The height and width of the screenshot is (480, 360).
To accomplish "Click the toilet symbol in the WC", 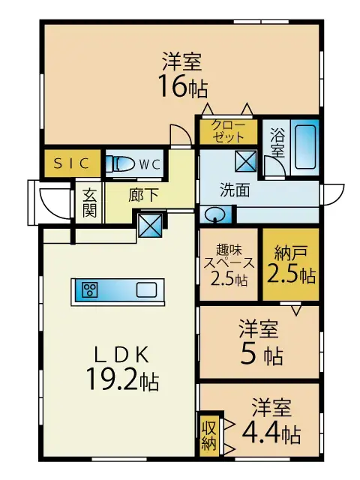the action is (x=120, y=164).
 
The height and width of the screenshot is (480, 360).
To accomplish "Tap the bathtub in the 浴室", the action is (x=305, y=147).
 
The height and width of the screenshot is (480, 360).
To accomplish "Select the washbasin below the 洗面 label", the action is (x=214, y=214).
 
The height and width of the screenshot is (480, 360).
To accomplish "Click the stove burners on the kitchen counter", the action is (x=90, y=289).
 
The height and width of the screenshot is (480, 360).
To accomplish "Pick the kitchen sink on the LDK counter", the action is (x=146, y=290).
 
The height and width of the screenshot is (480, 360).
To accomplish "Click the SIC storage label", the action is (x=72, y=163).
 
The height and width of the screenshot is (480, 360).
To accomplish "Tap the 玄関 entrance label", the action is (x=89, y=202).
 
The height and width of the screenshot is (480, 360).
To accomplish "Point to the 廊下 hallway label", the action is (x=143, y=195).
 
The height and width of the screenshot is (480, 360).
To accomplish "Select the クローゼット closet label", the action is (x=228, y=131).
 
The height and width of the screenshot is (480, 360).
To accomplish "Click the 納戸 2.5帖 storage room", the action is (x=290, y=264).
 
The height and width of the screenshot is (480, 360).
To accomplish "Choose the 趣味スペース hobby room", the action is (x=229, y=264).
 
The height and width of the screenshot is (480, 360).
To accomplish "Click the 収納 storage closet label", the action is (x=208, y=436).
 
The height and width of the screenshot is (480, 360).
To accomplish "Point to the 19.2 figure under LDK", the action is (x=112, y=379).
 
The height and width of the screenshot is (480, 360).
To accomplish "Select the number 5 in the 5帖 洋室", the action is (x=247, y=353).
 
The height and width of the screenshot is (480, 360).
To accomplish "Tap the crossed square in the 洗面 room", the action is (x=246, y=160).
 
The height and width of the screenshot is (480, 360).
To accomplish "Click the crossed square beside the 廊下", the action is (x=150, y=225).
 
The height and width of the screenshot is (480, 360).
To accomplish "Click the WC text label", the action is (x=150, y=165).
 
